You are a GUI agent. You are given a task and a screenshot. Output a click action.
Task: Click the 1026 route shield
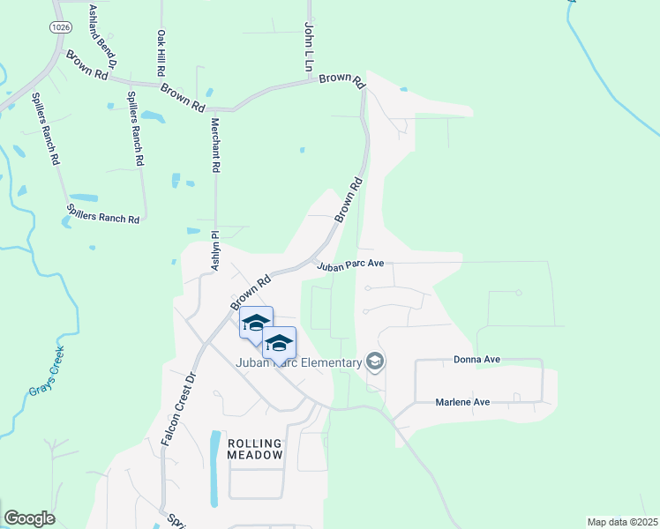[x=61, y=28]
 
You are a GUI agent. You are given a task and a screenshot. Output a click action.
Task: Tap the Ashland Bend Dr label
[x=102, y=36]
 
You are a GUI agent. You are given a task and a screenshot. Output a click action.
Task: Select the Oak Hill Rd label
[x=161, y=52]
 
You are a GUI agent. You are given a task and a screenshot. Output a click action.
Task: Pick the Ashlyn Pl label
[x=214, y=250]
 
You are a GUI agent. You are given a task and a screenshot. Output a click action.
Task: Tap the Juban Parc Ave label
[x=351, y=264]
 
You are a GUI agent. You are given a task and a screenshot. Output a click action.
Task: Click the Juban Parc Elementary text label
[x=298, y=362]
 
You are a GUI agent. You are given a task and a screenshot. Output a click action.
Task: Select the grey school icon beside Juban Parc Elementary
[x=375, y=361]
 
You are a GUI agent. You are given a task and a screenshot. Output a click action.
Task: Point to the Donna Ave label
[x=477, y=360]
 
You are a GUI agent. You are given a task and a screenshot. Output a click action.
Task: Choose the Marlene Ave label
[x=462, y=402]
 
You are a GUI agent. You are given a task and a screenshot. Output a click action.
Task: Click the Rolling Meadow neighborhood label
[x=255, y=449]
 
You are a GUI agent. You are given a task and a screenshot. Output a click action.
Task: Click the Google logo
[x=29, y=518]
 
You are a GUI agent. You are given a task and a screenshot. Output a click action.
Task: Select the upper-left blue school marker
[x=256, y=323]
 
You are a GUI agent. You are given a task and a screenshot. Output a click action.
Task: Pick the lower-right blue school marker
[x=279, y=343]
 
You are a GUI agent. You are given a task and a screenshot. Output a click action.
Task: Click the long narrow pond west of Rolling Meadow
[x=214, y=467]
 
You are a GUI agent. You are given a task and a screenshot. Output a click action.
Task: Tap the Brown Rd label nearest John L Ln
[x=341, y=80]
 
